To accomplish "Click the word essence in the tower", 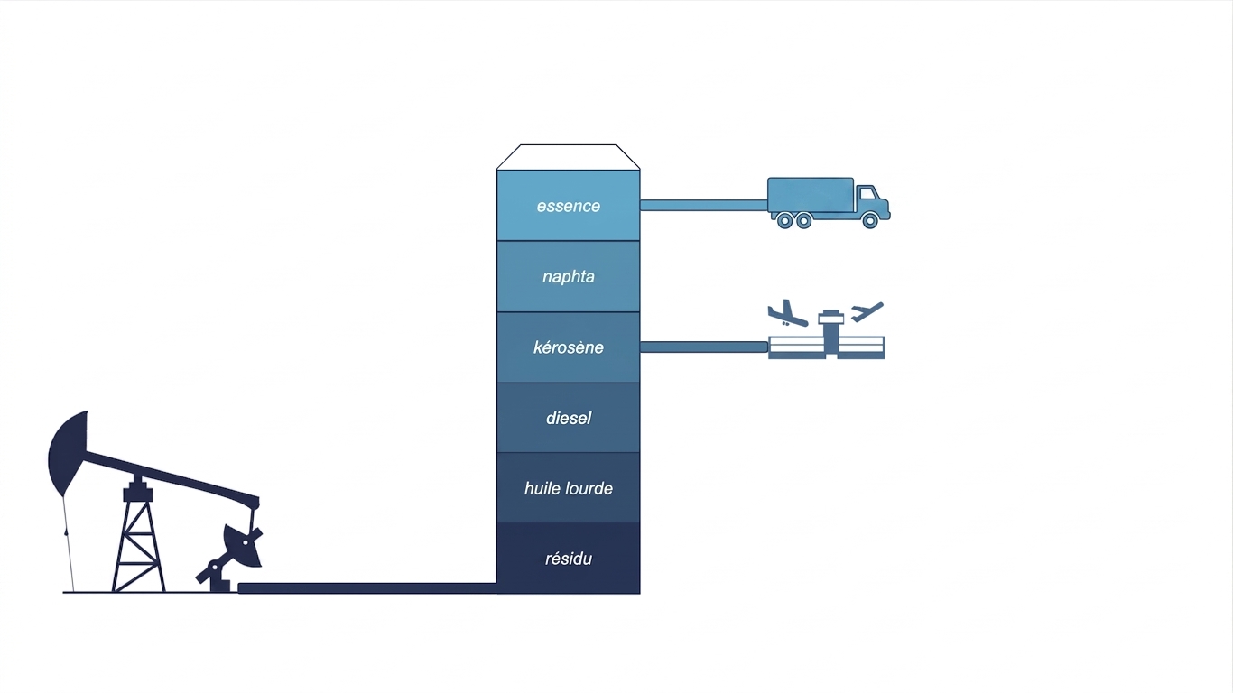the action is (568, 206).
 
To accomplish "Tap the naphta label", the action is (568, 276).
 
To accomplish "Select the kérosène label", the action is (568, 347).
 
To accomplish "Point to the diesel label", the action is (568, 418).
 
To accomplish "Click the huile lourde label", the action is (568, 488).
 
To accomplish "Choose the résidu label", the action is (568, 559).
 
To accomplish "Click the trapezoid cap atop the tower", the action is (568, 157).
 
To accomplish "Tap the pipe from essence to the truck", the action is (703, 206).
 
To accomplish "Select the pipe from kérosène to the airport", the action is (703, 346).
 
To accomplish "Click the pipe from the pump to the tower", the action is (367, 588).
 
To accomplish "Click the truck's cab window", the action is (867, 193).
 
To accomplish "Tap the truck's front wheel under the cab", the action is (870, 221).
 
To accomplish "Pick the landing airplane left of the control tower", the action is (788, 314).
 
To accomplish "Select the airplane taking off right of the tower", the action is (867, 311).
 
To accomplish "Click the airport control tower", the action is (830, 334).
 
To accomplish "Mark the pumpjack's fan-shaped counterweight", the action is (243, 545).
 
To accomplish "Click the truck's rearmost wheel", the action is (784, 221).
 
